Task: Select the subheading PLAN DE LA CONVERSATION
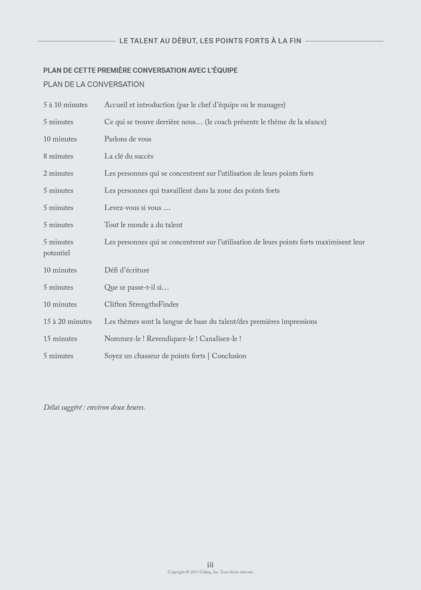click(x=94, y=84)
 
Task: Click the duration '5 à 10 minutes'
click(x=65, y=105)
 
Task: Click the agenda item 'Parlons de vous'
click(x=128, y=139)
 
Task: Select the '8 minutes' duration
click(x=58, y=157)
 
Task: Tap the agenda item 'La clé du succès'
click(x=129, y=157)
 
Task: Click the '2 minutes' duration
click(x=58, y=174)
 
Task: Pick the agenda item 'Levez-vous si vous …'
click(x=137, y=208)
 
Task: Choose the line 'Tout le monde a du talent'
click(x=143, y=225)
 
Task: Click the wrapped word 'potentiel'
click(x=57, y=253)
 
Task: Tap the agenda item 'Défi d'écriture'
click(x=127, y=270)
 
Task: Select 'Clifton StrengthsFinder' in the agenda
click(x=141, y=305)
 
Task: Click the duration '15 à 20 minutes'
click(x=67, y=322)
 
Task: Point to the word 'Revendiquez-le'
click(x=171, y=339)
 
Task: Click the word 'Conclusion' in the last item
click(x=229, y=356)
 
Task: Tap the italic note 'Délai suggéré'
click(x=62, y=408)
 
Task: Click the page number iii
click(x=210, y=565)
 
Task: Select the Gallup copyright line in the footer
click(x=210, y=572)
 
